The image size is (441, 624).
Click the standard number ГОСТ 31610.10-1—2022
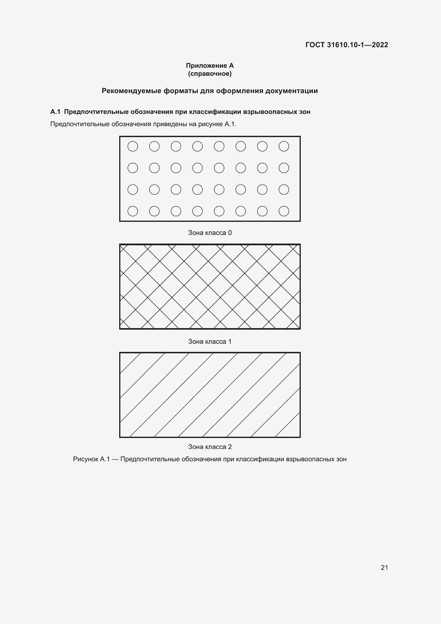tap(347, 45)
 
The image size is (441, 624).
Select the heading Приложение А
tap(210, 66)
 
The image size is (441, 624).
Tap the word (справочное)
tap(210, 74)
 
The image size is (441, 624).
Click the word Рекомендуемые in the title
tap(131, 91)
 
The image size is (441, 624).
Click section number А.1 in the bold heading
tap(55, 112)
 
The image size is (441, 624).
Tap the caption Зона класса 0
tap(210, 233)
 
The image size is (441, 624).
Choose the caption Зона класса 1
tap(210, 341)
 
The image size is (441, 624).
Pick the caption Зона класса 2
tap(210, 447)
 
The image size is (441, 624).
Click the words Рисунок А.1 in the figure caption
tap(91, 459)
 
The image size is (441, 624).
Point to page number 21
tap(384, 567)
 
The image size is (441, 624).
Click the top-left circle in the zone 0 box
tap(133, 146)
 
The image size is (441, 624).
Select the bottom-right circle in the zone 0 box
tap(284, 211)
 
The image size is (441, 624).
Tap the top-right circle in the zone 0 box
tap(284, 146)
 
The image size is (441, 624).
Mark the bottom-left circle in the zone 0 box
tap(133, 211)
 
